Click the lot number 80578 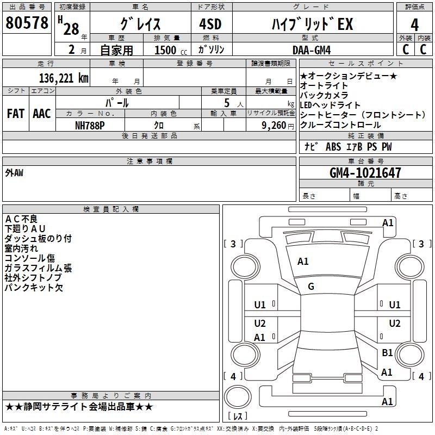27,23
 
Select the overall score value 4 414,24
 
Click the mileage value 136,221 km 64,78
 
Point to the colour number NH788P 90,125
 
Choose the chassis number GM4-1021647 365,173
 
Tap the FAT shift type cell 16,114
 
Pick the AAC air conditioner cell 42,114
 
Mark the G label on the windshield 311,287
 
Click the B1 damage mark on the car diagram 387,353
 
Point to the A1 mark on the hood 303,262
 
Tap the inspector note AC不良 21,219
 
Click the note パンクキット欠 34,288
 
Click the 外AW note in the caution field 14,173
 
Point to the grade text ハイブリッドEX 312,24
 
